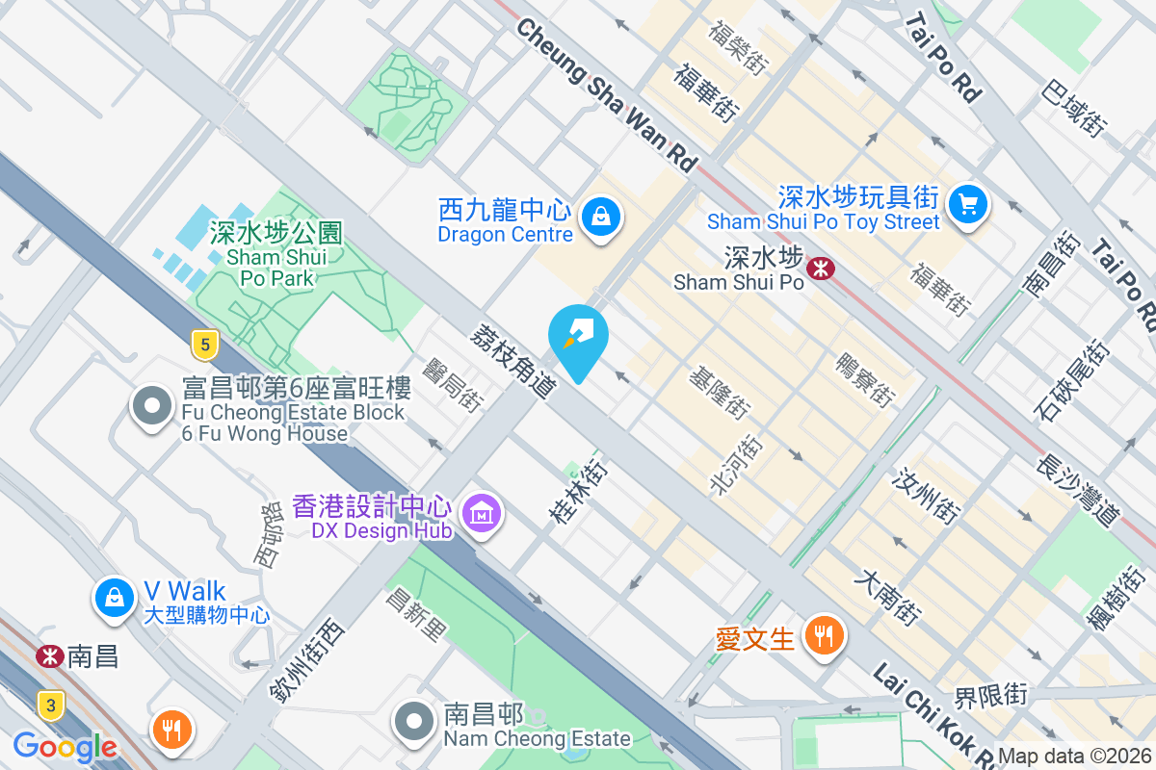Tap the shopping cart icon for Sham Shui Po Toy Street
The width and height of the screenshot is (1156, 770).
coord(967,204)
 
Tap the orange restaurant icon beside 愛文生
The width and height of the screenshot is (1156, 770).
coord(826,636)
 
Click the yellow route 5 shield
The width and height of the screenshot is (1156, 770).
coord(201,344)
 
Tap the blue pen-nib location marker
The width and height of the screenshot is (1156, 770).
coord(578,338)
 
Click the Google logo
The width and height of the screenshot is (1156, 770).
coord(65,747)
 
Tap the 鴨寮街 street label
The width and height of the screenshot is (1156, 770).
coord(864,378)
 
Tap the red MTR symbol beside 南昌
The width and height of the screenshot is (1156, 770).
coord(45,656)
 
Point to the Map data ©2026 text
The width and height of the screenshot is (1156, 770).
coord(1075,757)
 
